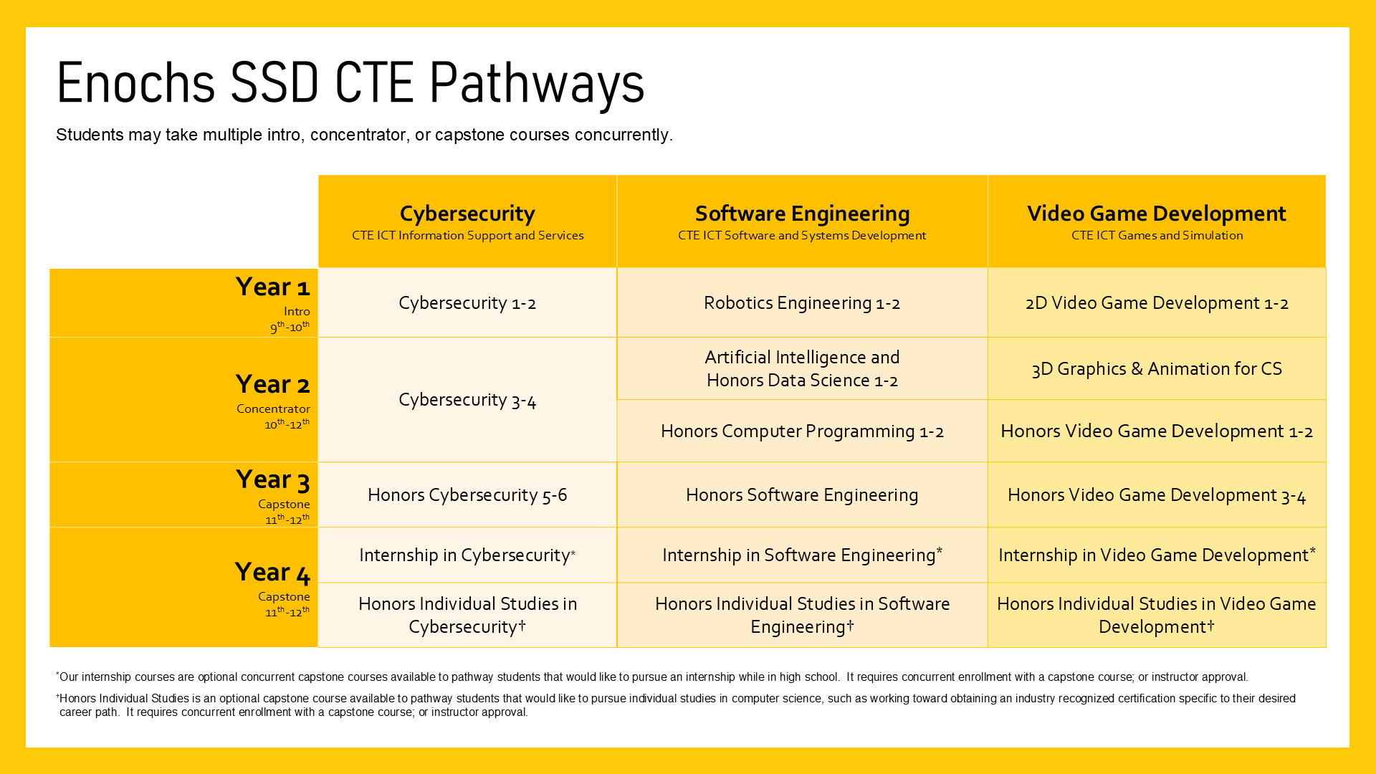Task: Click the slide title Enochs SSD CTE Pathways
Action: tap(350, 83)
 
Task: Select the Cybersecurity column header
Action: tap(467, 214)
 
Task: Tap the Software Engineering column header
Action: tap(802, 214)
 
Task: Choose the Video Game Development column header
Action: tap(1156, 214)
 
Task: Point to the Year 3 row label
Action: tap(272, 480)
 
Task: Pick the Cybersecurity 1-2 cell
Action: tap(467, 303)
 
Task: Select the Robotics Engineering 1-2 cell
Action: tap(802, 303)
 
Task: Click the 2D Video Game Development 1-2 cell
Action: tap(1157, 303)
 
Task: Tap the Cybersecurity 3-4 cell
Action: tap(467, 400)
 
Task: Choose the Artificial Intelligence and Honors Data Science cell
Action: tap(802, 369)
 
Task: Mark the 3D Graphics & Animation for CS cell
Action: tap(1157, 369)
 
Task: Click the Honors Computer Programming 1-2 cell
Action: tap(802, 431)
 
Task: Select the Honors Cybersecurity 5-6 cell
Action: tap(467, 495)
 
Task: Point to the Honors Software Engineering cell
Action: tap(802, 495)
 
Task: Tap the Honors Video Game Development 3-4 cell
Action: tap(1157, 495)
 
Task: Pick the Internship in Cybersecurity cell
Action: tap(467, 555)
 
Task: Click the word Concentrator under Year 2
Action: tap(273, 409)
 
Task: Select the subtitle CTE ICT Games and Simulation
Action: tap(1157, 236)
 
